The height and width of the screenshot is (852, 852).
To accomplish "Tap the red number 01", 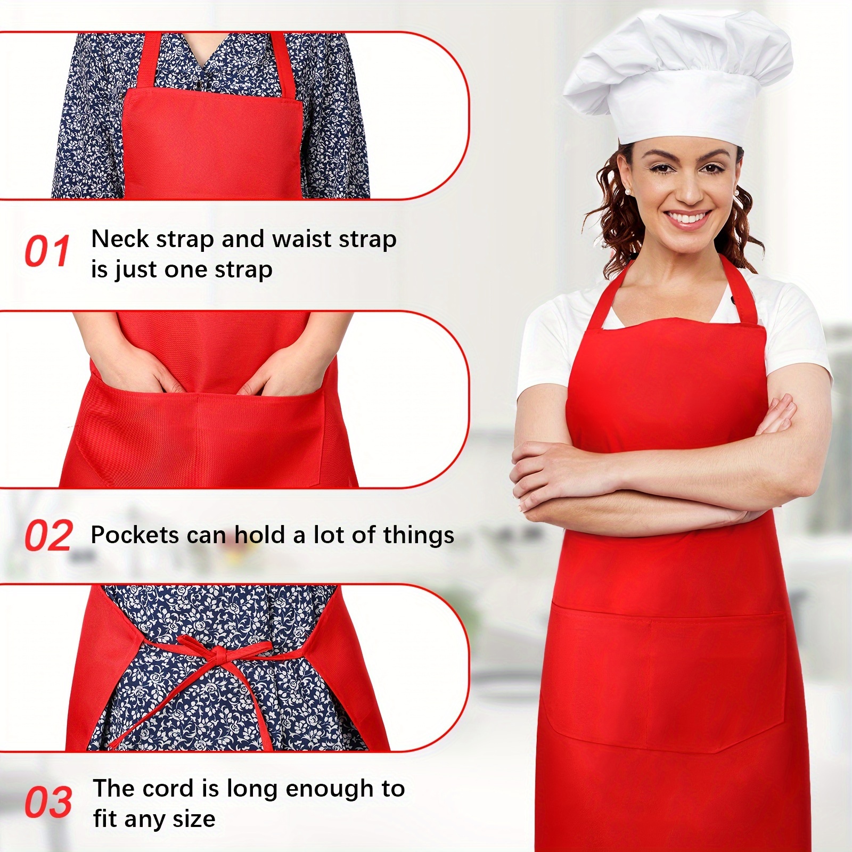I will [47, 251].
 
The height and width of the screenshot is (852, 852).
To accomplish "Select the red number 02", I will [48, 536].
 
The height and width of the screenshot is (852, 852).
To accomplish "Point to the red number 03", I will [48, 802].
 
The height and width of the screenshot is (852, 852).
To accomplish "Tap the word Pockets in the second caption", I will [134, 535].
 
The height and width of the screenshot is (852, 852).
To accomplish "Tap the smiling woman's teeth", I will [688, 218].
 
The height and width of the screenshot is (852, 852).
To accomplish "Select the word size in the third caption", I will [195, 818].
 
